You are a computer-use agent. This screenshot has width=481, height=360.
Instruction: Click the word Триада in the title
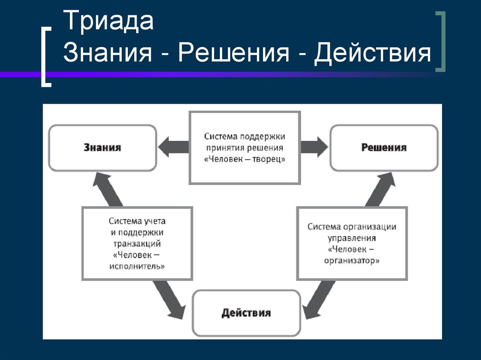(x=109, y=23)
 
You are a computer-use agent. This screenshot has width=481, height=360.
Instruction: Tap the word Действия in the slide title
(x=373, y=53)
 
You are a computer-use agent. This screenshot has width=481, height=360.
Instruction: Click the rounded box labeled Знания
(x=102, y=147)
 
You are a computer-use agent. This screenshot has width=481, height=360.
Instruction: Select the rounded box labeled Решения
(x=384, y=147)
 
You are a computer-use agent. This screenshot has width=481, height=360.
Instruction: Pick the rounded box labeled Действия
(x=246, y=313)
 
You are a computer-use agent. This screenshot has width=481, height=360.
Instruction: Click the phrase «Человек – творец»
(x=244, y=159)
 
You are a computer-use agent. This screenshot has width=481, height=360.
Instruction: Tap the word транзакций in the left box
(x=137, y=244)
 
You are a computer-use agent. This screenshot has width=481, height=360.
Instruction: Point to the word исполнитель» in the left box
(x=137, y=266)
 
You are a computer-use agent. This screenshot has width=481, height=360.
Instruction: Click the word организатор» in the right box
(x=352, y=260)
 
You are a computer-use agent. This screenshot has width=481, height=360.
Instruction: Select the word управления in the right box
(x=352, y=237)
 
